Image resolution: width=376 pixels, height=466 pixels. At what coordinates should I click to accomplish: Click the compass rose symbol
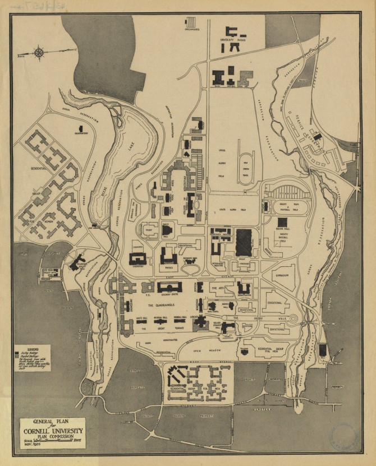[x=39, y=54]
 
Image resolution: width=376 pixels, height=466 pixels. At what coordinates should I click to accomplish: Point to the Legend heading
[x=27, y=349]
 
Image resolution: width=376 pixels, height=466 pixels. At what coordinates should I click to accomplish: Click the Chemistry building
[x=137, y=259]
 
